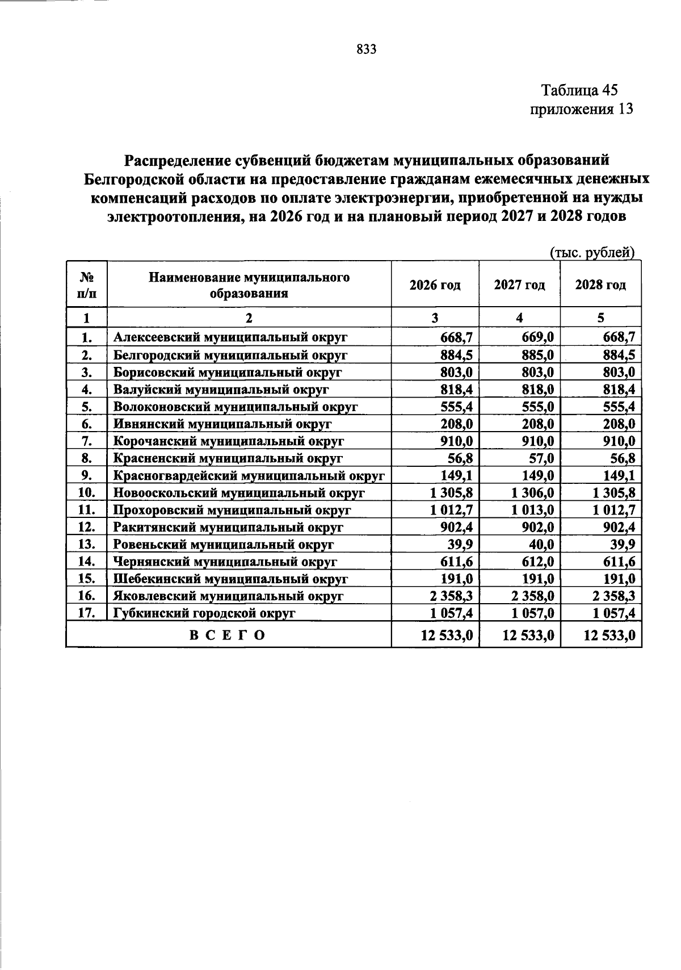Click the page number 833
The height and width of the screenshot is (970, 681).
coord(367,50)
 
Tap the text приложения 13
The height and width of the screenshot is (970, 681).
coord(581,109)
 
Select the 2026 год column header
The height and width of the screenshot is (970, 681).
coord(435,285)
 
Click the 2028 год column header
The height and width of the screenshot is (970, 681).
coord(600,285)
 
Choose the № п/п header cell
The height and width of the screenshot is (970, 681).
coord(86,285)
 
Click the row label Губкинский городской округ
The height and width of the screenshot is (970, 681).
coord(204,613)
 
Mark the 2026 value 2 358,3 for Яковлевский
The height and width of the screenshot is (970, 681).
coord(452,596)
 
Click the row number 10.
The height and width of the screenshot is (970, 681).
coord(86,493)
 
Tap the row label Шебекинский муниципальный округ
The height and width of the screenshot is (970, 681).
coord(230,579)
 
